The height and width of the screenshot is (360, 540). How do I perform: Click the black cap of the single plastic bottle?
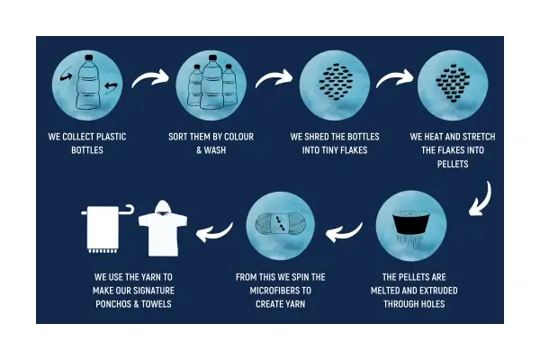pyautogui.click(x=88, y=58)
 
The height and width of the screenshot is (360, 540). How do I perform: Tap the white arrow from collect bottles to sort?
pyautogui.click(x=150, y=77)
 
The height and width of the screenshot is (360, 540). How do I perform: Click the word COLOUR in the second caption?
pyautogui.click(x=238, y=137)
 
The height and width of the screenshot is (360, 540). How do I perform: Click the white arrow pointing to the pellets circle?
pyautogui.click(x=395, y=78)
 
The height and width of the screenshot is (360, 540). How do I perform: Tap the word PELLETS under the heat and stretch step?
pyautogui.click(x=453, y=164)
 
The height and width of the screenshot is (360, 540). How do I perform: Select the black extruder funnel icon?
pyautogui.click(x=411, y=222)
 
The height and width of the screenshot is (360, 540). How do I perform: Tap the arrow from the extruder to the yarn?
pyautogui.click(x=344, y=232)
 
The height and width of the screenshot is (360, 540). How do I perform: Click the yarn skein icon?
pyautogui.click(x=281, y=224)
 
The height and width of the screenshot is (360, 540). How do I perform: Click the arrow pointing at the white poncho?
pyautogui.click(x=214, y=232)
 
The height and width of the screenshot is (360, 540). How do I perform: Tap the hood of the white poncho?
pyautogui.click(x=163, y=208)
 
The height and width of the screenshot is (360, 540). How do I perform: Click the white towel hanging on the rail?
pyautogui.click(x=103, y=229)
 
